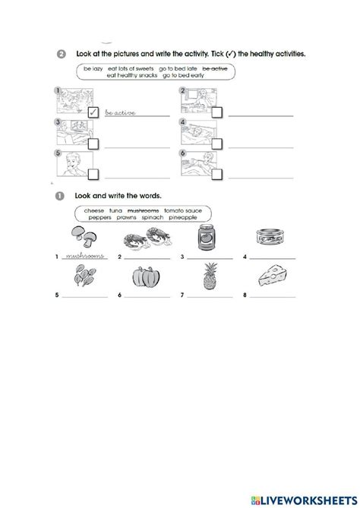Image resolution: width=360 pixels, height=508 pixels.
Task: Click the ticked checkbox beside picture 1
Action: tap(93, 113)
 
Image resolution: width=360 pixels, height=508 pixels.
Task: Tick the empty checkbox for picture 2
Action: tap(217, 113)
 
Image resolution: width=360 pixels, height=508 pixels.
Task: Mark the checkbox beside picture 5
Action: tap(93, 173)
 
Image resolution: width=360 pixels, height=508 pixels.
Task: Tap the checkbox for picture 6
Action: tap(217, 173)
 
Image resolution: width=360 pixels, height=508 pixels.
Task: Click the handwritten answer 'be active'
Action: tap(122, 112)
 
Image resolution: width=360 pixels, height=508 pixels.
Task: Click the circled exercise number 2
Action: tap(61, 54)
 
